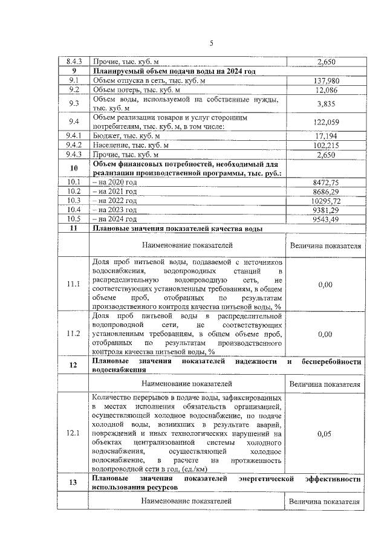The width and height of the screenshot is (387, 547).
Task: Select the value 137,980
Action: [x=326, y=80]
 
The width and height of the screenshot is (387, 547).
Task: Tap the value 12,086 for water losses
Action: [x=326, y=90]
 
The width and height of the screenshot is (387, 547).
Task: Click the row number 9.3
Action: [x=74, y=103]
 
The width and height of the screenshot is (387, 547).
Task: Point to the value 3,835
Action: [x=326, y=103]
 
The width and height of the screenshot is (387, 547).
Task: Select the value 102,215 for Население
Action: [x=326, y=146]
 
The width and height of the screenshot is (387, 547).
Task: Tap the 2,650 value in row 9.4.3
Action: [x=326, y=155]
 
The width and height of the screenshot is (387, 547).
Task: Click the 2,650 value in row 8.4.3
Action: [x=326, y=62]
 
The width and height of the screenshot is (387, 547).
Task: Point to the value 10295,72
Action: [x=327, y=200]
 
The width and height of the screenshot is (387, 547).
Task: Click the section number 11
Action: [x=74, y=228]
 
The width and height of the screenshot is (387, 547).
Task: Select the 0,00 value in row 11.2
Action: [x=325, y=334]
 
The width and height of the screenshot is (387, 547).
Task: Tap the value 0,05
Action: [x=325, y=433]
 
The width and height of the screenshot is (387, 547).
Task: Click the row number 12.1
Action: [x=74, y=433]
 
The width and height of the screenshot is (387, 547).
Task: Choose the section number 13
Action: [x=74, y=482]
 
